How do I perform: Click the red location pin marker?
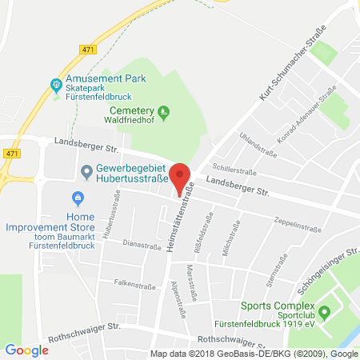click(x=182, y=175)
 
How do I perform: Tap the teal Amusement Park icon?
click(x=56, y=84)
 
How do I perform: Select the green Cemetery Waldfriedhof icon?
click(x=164, y=110)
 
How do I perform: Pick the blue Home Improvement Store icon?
click(x=78, y=198)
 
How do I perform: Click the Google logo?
click(x=26, y=350)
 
